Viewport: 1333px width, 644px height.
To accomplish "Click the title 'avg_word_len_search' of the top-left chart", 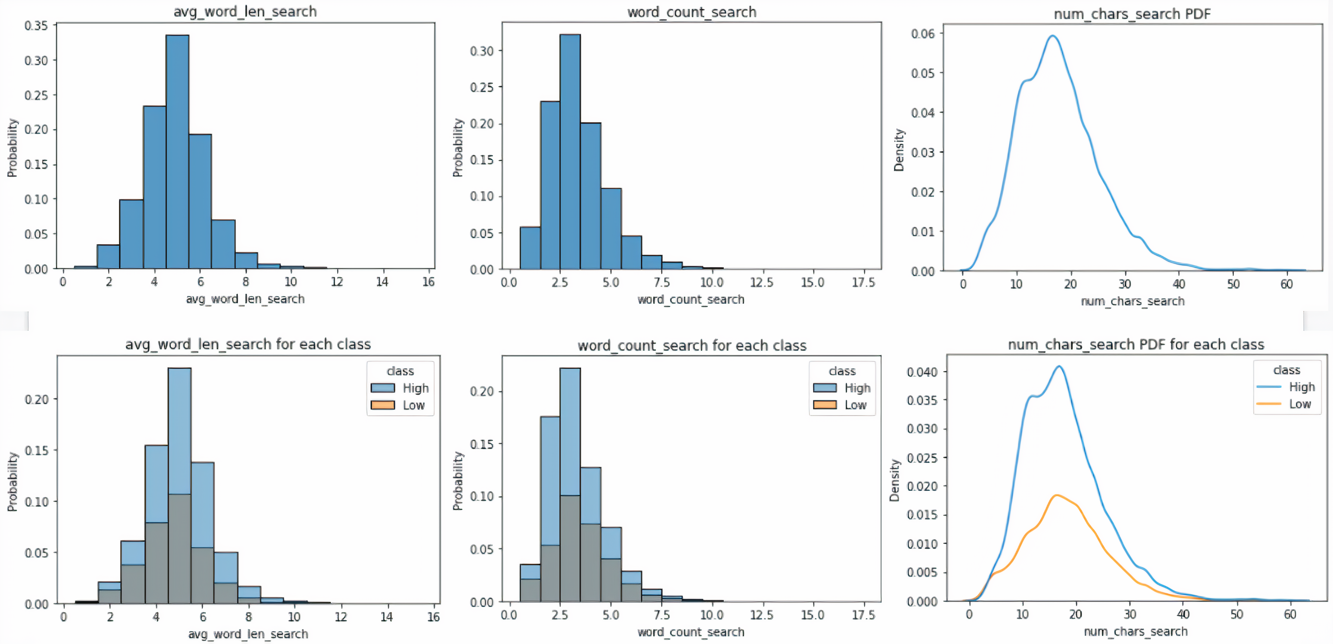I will (245, 11).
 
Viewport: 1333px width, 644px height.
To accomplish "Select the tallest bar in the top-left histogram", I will (177, 150).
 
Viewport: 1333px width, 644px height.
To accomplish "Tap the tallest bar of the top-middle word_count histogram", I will (570, 150).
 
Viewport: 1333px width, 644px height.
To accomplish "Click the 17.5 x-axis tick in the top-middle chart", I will (863, 282).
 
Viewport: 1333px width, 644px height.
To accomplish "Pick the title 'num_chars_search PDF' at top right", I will (1132, 13).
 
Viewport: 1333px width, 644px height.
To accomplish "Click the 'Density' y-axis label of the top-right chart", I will (899, 150).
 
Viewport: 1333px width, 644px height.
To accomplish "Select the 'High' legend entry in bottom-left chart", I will (415, 388).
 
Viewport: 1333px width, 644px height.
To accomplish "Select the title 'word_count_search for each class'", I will (692, 346).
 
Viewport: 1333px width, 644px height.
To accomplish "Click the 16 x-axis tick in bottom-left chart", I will (433, 616).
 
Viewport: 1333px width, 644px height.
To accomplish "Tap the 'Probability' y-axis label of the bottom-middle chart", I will (458, 481).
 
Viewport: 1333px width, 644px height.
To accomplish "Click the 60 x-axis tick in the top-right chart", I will (1286, 284).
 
